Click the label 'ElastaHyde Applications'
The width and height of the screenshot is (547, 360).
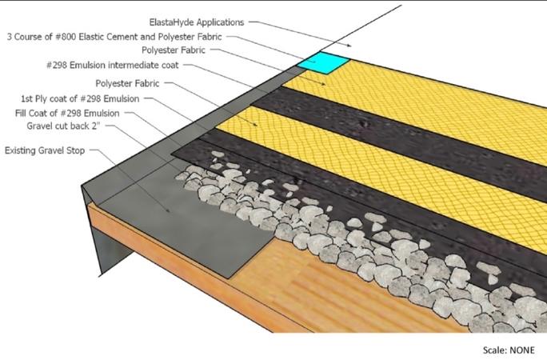click(197, 22)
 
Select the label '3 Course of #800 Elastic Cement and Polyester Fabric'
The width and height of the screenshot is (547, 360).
click(114, 37)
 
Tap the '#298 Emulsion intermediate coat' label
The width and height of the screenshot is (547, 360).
click(112, 66)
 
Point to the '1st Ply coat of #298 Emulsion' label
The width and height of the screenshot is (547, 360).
click(80, 98)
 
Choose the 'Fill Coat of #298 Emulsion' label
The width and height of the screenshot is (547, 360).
click(67, 113)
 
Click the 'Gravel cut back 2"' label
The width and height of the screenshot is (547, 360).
click(63, 126)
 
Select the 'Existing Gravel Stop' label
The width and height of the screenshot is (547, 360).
click(45, 150)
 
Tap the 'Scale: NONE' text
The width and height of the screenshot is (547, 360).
click(509, 350)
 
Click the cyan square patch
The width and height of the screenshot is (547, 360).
click(323, 62)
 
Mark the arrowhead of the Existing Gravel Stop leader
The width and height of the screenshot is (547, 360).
click(168, 210)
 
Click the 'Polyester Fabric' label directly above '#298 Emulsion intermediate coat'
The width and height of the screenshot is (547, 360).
click(174, 50)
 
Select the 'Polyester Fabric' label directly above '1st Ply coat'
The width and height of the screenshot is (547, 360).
click(127, 84)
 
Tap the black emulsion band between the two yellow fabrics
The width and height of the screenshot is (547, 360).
click(401, 140)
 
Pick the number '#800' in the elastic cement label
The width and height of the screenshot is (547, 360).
click(66, 37)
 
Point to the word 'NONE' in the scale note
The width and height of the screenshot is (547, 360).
click(522, 350)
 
